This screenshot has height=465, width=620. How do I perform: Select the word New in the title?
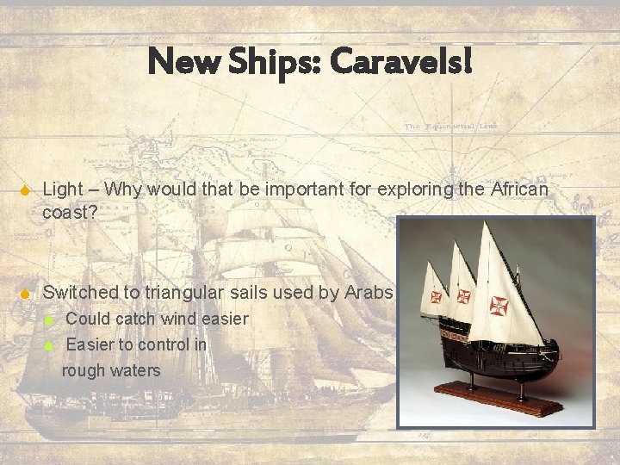pos(176,61)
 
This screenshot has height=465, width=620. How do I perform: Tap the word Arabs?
pos(369,293)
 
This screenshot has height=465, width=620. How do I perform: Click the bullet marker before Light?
pos(25,189)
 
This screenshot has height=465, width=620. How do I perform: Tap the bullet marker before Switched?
pos(25,294)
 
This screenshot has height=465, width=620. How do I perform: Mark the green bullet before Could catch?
pos(49,319)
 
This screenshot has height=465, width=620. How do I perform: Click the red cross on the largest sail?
pos(499,305)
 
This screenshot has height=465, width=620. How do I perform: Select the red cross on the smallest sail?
pos(436,297)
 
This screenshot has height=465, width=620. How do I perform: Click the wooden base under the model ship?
pos(499,399)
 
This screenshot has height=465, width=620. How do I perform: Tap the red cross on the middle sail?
pos(464,296)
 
